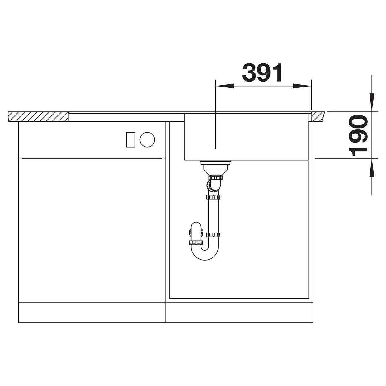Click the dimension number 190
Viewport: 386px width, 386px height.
point(358,136)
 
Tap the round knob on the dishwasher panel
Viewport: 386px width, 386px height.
point(147,140)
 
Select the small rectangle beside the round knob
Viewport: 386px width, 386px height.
point(131,140)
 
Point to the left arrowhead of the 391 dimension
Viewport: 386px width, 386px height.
point(224,86)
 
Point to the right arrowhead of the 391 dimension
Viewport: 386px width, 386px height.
point(302,86)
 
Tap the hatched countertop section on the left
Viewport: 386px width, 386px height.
point(38,117)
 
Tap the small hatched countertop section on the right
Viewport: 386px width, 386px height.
point(318,117)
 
